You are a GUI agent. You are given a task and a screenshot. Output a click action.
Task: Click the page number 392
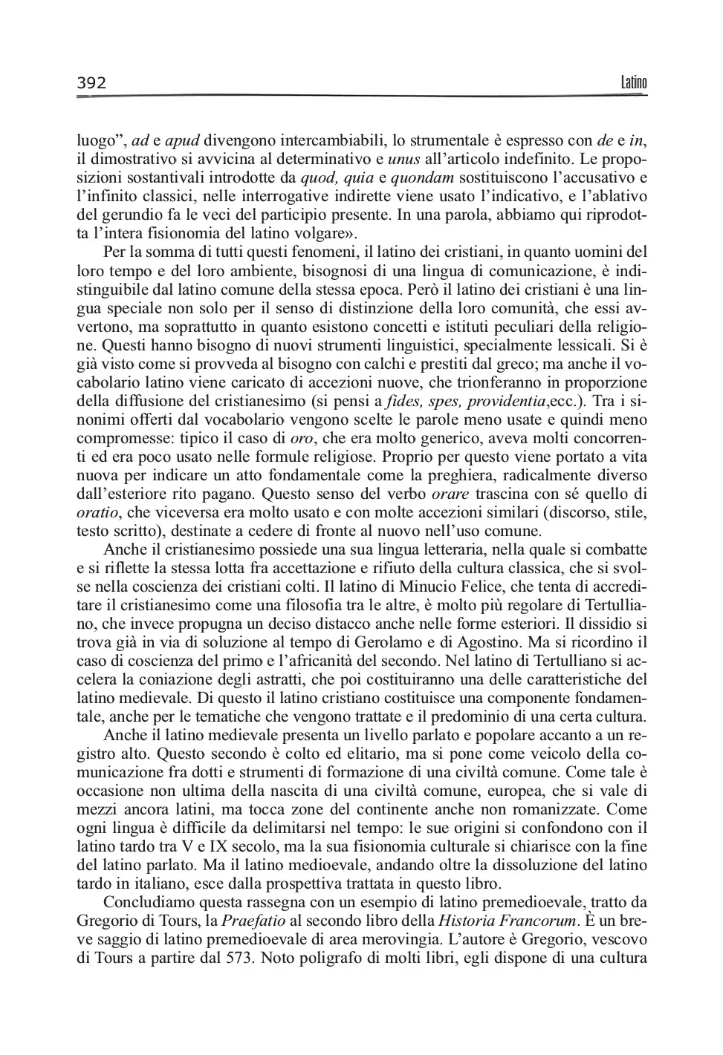point(92,82)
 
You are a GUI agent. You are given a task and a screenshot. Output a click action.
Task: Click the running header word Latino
point(634,82)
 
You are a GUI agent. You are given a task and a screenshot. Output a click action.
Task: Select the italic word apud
point(181,140)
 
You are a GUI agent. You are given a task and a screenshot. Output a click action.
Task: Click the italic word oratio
point(97,512)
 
